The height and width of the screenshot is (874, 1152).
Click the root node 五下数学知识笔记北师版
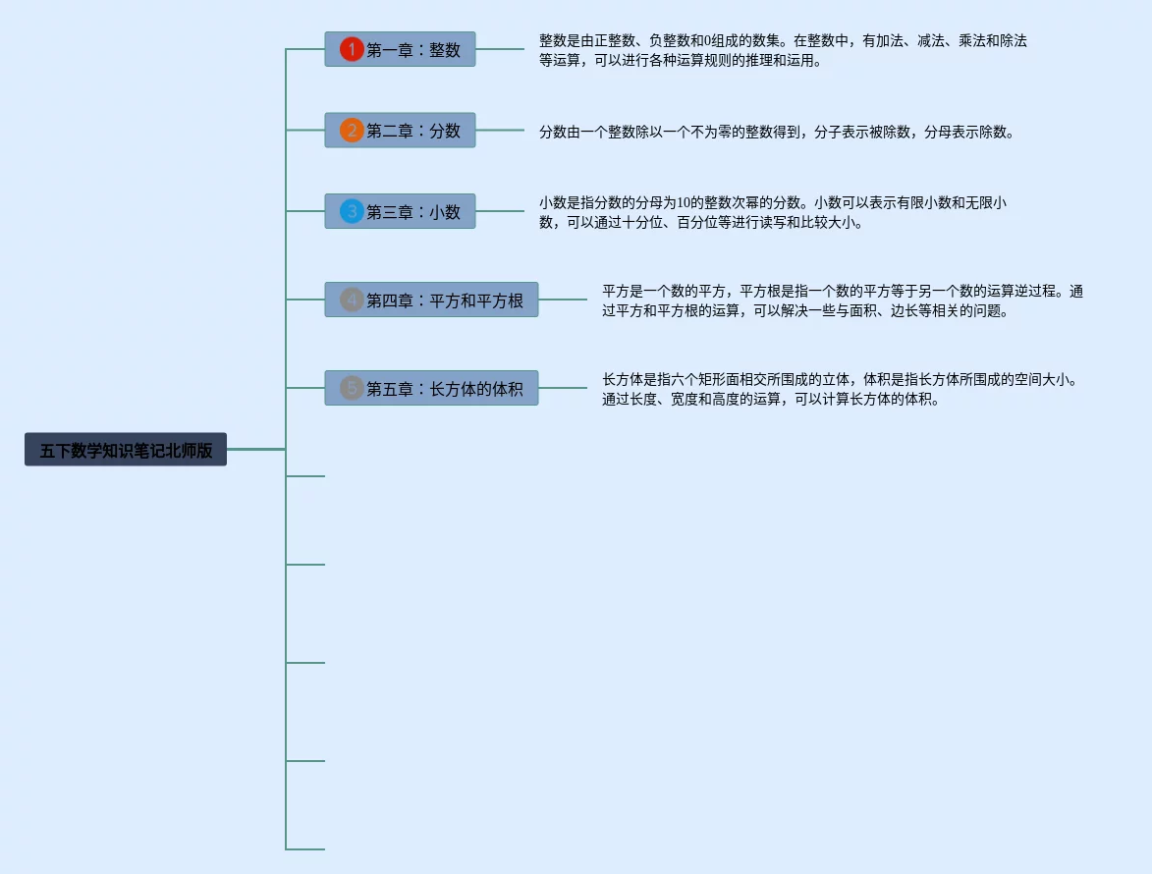point(126,450)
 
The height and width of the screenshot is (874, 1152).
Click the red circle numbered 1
point(352,49)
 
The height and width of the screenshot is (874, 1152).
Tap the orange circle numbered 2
point(352,131)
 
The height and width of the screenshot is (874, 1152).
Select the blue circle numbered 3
point(352,211)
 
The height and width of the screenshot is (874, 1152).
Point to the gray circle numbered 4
point(352,300)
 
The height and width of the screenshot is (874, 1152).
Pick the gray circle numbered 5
point(352,388)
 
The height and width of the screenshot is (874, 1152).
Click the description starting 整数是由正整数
point(783,50)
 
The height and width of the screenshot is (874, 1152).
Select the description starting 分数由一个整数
point(776,132)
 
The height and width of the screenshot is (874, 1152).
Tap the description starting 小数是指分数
point(773,212)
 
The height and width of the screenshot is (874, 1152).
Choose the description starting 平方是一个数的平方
point(842,300)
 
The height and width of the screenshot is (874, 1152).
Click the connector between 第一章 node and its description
point(500,49)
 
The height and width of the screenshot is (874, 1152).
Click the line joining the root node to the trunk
point(255,449)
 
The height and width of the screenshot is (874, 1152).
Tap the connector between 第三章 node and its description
point(500,211)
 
